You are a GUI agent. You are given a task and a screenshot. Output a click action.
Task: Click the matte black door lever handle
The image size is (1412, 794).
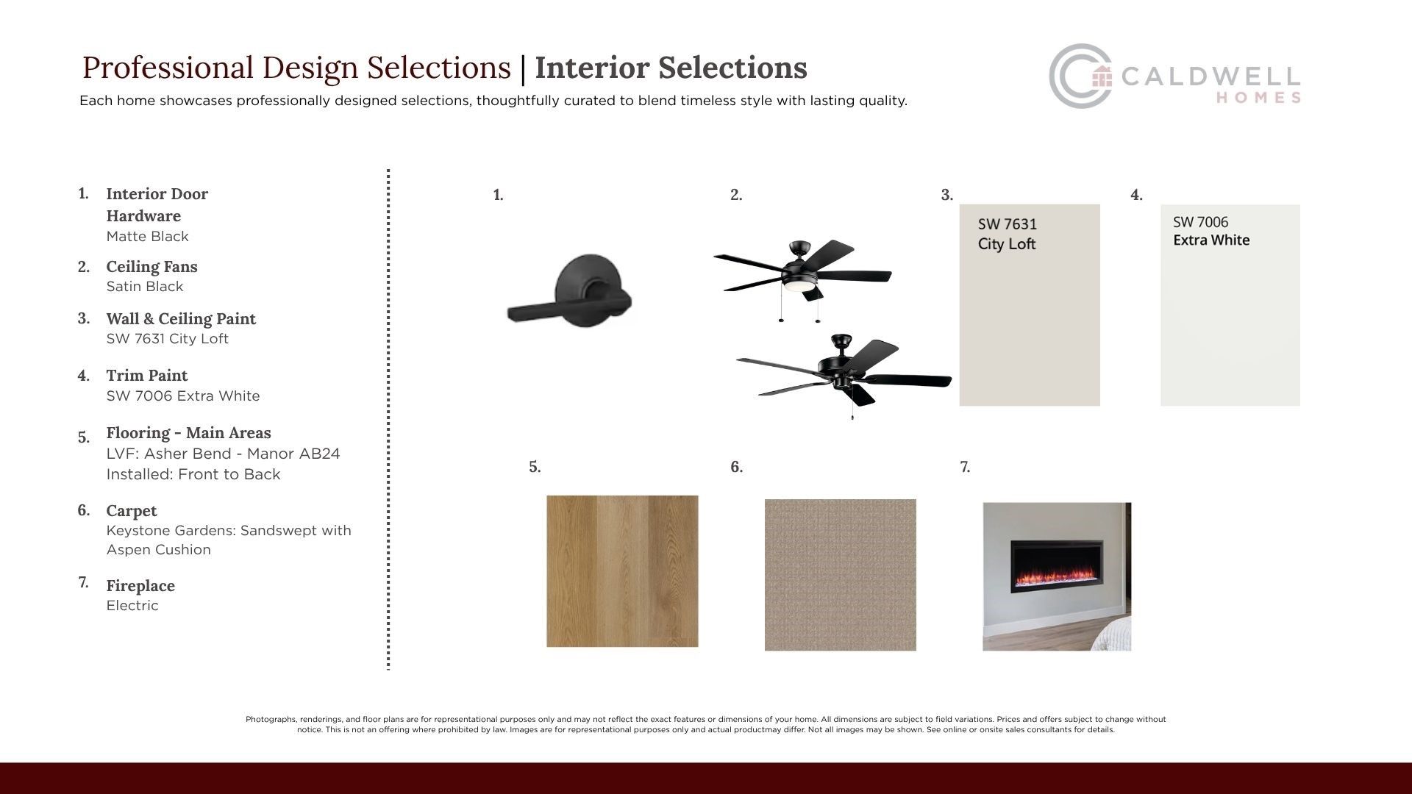pos(570,292)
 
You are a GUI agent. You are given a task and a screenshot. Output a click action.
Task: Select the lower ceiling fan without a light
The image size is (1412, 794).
pos(844,376)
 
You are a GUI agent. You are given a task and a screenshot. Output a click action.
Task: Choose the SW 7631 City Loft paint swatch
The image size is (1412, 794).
pos(1030,305)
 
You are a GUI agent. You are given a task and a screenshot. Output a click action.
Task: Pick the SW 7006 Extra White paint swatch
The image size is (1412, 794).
pos(1230,305)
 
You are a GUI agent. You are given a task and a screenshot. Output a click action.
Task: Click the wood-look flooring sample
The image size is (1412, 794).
pos(622,571)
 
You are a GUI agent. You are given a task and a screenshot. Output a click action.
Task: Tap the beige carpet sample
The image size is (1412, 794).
pos(841,575)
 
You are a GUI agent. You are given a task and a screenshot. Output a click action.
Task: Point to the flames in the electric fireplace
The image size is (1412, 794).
pos(1057,571)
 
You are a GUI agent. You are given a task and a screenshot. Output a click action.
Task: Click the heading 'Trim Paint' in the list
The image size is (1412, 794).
pos(147,376)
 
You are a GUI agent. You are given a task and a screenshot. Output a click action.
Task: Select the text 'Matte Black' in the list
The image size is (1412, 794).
pos(148,237)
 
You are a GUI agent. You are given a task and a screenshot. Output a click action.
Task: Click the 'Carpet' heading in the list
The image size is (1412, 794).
pos(132,511)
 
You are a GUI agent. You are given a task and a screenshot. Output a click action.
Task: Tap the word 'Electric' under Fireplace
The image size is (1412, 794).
pos(132,606)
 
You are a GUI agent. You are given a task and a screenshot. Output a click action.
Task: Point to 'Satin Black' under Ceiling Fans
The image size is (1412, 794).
pos(145,287)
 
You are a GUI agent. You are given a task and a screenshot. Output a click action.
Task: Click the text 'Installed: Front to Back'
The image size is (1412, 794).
pos(193,474)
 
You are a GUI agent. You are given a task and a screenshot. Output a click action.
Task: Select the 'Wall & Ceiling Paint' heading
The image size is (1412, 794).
pos(181,319)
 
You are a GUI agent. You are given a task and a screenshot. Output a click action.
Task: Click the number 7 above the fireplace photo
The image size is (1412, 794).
pos(965,467)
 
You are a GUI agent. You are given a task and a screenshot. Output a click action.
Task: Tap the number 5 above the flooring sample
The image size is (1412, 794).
pos(535,467)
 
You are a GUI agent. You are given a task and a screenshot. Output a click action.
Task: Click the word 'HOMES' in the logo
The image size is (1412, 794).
pos(1258,98)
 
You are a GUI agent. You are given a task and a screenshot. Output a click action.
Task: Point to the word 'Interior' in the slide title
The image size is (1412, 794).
pos(592,68)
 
